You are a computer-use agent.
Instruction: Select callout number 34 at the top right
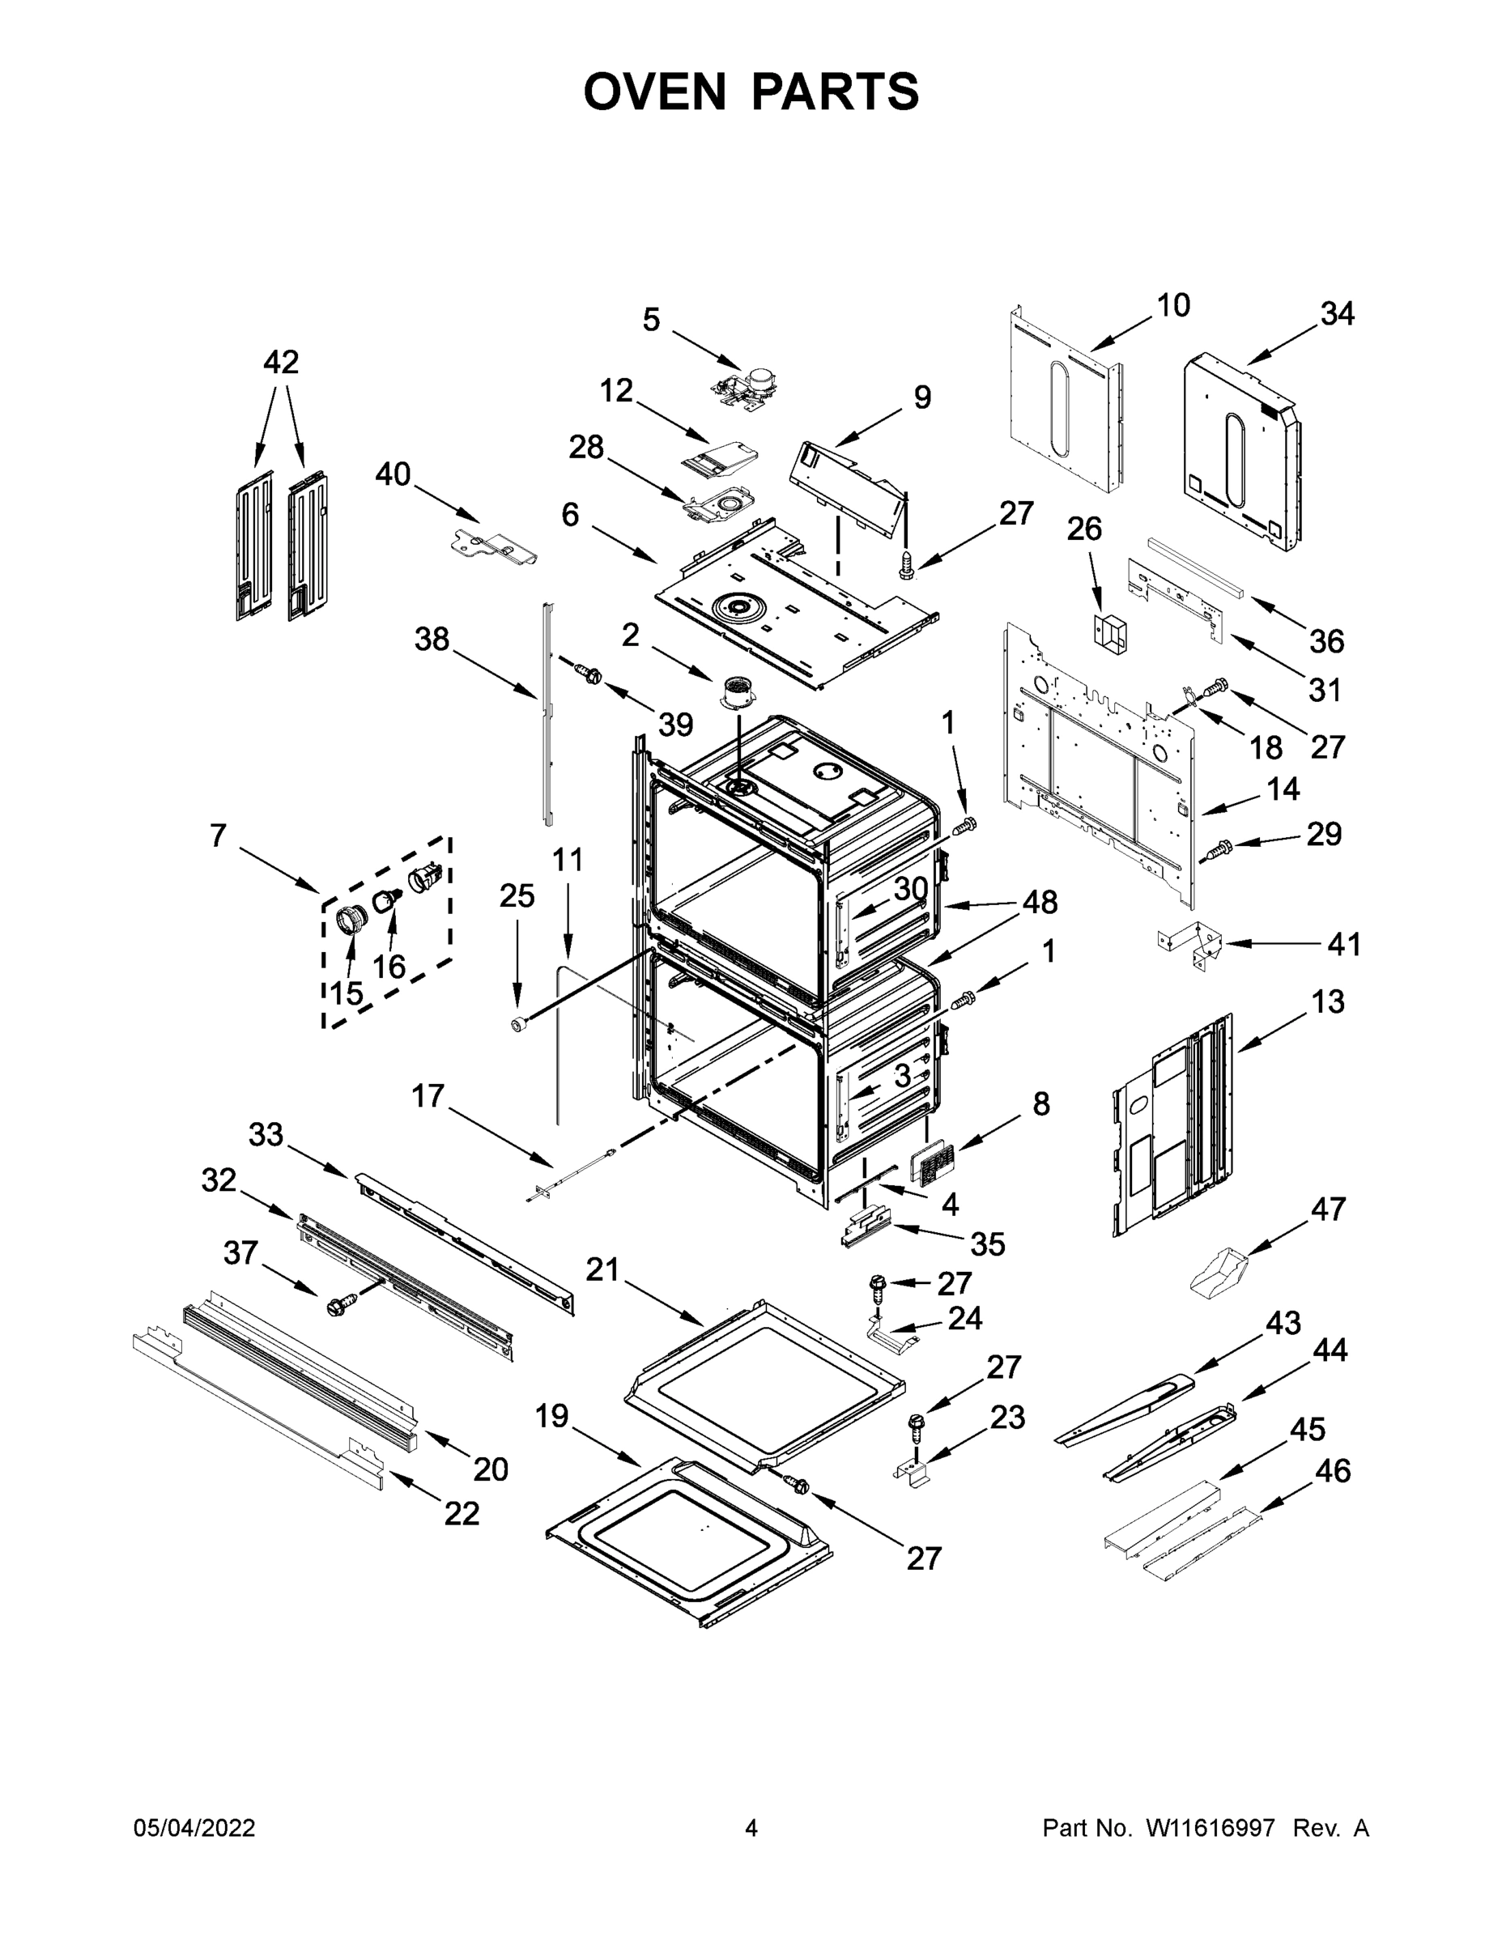tap(1337, 314)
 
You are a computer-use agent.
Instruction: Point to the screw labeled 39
tap(587, 674)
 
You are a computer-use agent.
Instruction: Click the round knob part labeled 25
tap(519, 1026)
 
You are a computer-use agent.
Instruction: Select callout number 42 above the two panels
tap(281, 362)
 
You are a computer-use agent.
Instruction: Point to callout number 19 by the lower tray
tap(551, 1415)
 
